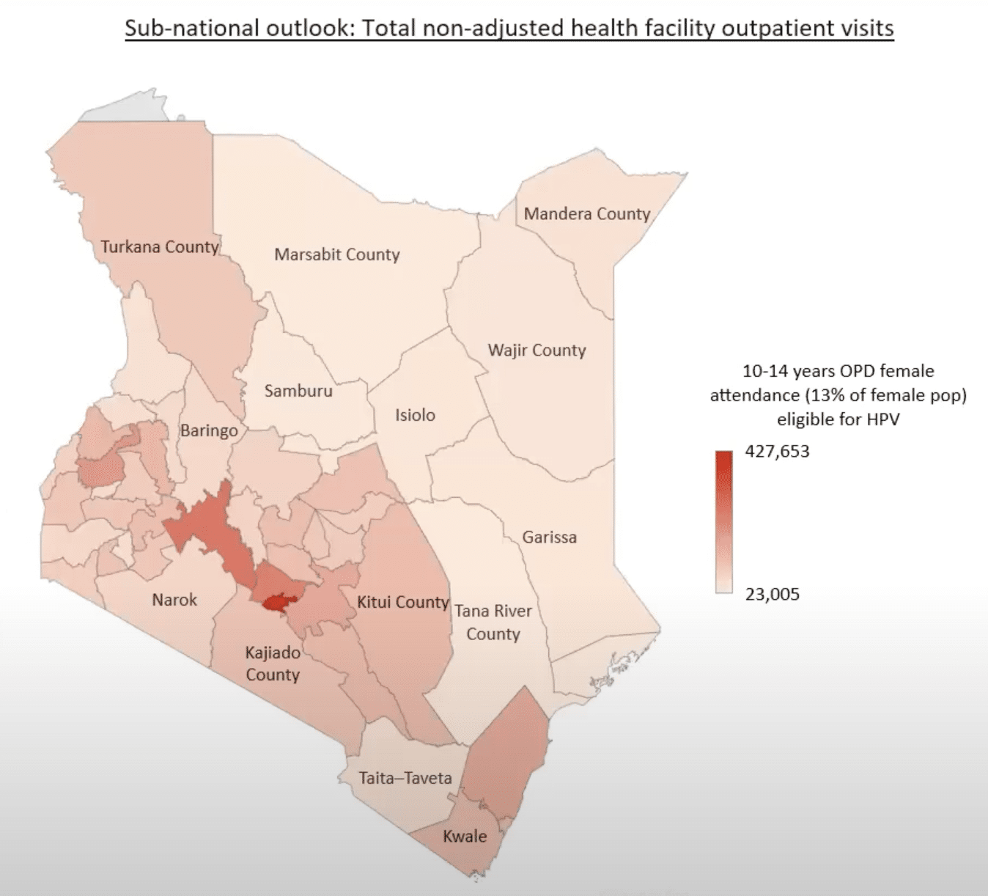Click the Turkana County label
coord(160,247)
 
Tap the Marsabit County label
coord(337,255)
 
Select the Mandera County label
coord(587,214)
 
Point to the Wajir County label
coord(537,350)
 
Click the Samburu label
coord(298,392)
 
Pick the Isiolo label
coord(415,416)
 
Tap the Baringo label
coord(209,430)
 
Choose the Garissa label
coord(549,537)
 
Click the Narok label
coord(174,600)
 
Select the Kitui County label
coord(402,603)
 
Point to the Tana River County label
coord(493,623)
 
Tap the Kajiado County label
coord(273,664)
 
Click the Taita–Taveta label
coord(405,778)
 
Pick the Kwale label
coord(465,837)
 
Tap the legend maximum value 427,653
coord(777,452)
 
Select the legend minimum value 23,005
coord(772,595)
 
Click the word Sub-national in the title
coord(180,29)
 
